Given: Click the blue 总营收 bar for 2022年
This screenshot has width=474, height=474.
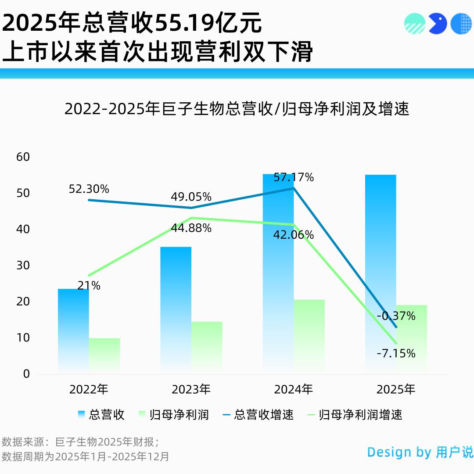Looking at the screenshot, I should coord(73,329).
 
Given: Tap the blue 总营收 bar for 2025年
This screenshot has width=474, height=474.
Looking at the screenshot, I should coord(381,272).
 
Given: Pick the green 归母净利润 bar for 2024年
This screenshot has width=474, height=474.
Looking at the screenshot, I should coord(309,336).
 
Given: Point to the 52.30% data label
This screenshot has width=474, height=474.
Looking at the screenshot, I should coord(89,189).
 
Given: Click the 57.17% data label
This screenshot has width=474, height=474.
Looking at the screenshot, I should coord(294,177).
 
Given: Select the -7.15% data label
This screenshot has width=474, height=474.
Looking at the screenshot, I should coord(396,353).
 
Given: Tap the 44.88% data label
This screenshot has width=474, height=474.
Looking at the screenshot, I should coord(191,228).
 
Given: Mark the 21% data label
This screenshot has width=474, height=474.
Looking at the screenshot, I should coord(89,286).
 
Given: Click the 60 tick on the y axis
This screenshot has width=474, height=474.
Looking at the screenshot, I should coord(23,157).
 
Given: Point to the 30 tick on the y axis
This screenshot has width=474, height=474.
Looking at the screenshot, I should coord(23,265).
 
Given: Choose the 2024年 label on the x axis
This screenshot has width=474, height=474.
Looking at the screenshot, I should coord(294,389).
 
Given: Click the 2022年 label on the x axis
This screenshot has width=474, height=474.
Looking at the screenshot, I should coord(89,389).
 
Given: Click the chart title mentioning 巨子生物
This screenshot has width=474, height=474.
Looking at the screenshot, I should coord(237,109).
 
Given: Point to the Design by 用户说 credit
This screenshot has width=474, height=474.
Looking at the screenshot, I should coord(420,452).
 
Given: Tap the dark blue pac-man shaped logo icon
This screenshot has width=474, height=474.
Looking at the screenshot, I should coord(437,24).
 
